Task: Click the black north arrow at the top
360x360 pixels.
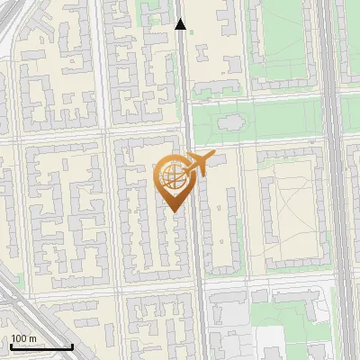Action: [181, 24]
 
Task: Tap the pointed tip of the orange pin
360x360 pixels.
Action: [175, 212]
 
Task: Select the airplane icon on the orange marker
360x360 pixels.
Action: [199, 164]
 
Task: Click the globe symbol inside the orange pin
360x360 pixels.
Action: [171, 177]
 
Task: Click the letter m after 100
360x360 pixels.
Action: [33, 338]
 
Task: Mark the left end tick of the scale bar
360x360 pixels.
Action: [11, 346]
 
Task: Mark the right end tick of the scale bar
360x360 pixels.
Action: [72, 346]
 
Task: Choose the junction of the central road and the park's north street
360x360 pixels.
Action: [187, 100]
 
